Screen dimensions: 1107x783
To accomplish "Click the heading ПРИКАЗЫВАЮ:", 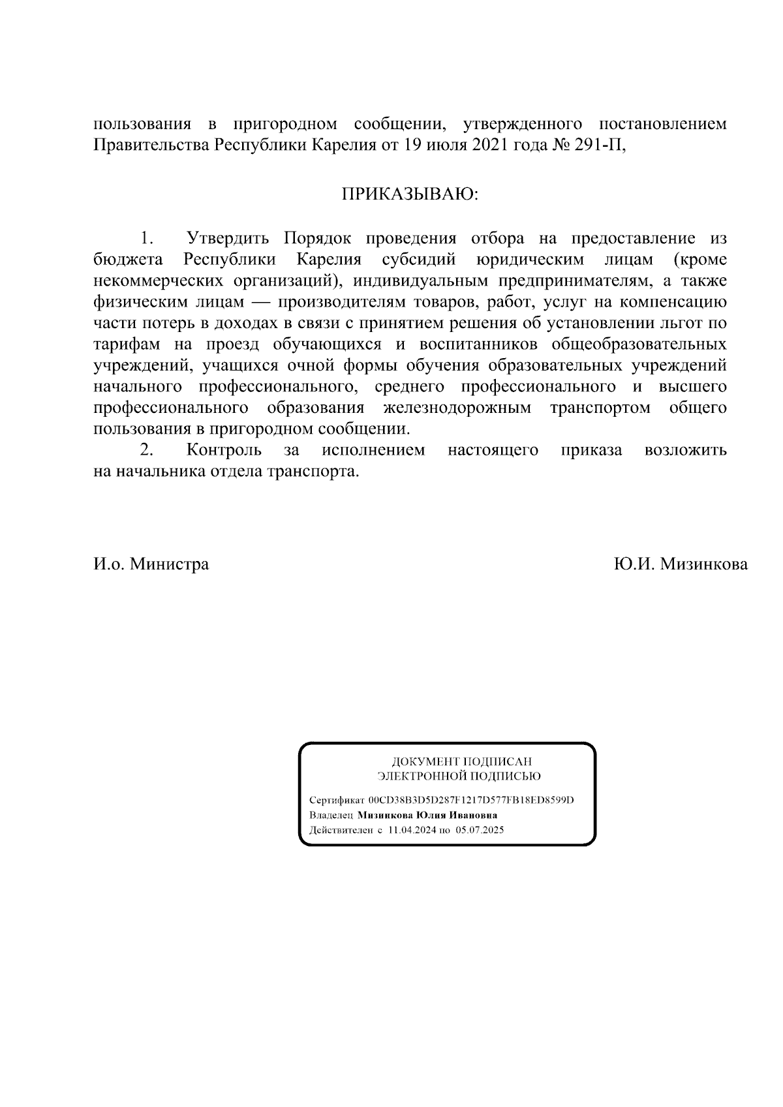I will point(409,194).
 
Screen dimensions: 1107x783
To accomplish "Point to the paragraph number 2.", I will point(147,450).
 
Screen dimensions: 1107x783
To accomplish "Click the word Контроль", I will point(224,450).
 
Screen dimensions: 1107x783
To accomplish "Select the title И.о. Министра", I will point(151,564).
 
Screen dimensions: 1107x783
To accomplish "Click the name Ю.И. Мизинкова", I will point(681,564).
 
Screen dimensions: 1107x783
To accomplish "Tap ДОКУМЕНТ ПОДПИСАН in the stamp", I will point(461,762).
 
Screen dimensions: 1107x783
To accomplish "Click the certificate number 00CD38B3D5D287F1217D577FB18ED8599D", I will point(471,800).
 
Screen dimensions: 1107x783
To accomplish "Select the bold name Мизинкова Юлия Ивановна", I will point(427,815).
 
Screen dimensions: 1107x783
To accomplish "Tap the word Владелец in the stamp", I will point(331,815).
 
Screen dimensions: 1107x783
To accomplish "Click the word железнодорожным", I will point(457,408).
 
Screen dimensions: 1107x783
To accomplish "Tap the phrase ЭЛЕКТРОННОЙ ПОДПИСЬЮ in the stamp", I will point(459,776).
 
